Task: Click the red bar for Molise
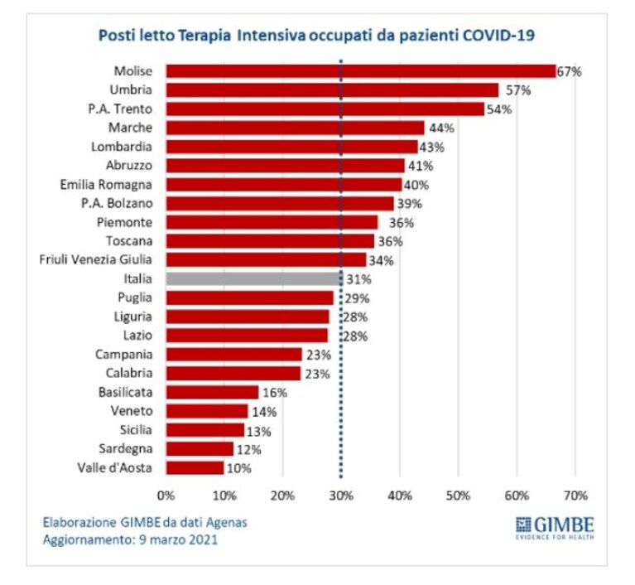click(x=361, y=71)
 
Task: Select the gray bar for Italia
click(x=254, y=278)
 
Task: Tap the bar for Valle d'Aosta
click(x=195, y=467)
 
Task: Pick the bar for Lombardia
click(x=291, y=147)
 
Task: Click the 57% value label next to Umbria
click(x=518, y=90)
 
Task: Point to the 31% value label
click(x=358, y=279)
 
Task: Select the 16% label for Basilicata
click(x=275, y=393)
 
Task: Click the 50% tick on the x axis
click(x=459, y=496)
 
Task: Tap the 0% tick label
click(x=166, y=496)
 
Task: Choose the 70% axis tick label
click(x=575, y=496)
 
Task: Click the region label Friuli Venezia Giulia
click(x=95, y=259)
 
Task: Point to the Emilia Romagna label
click(x=106, y=185)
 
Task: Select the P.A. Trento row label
click(x=120, y=109)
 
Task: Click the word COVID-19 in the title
click(x=498, y=35)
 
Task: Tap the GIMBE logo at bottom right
click(x=555, y=528)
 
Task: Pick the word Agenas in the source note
click(x=226, y=523)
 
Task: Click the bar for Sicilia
click(x=205, y=430)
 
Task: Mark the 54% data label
click(x=499, y=109)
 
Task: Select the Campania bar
click(x=234, y=355)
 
